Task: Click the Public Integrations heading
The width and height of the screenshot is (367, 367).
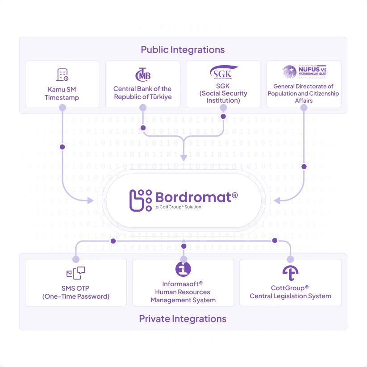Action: pyautogui.click(x=183, y=50)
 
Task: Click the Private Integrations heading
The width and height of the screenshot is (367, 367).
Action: pyautogui.click(x=183, y=319)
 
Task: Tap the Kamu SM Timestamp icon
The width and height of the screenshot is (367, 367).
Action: pyautogui.click(x=63, y=75)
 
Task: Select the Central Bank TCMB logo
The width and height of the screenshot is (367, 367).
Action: pyautogui.click(x=143, y=74)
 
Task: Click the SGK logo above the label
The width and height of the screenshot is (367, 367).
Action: pyautogui.click(x=223, y=72)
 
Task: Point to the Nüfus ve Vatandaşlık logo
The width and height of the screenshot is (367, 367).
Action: pyautogui.click(x=304, y=72)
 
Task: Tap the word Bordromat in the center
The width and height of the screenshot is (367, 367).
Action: pyautogui.click(x=196, y=197)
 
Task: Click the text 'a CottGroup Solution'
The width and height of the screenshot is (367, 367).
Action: pyautogui.click(x=179, y=207)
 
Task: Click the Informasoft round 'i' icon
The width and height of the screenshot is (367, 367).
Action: pyautogui.click(x=183, y=269)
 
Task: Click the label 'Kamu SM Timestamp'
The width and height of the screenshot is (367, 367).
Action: pyautogui.click(x=62, y=93)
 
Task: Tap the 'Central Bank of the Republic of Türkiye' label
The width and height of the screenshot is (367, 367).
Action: pyautogui.click(x=142, y=93)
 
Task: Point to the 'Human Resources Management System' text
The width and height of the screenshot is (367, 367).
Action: pyautogui.click(x=183, y=296)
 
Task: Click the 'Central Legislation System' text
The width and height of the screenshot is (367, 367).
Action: pyautogui.click(x=290, y=296)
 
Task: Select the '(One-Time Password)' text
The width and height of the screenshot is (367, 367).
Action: pyautogui.click(x=76, y=296)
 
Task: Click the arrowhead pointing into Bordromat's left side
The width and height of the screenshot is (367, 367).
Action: pyautogui.click(x=91, y=201)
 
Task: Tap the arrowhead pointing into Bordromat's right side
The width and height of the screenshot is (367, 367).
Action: pyautogui.click(x=277, y=201)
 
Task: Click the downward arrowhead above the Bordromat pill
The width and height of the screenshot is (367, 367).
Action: pyautogui.click(x=183, y=158)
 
